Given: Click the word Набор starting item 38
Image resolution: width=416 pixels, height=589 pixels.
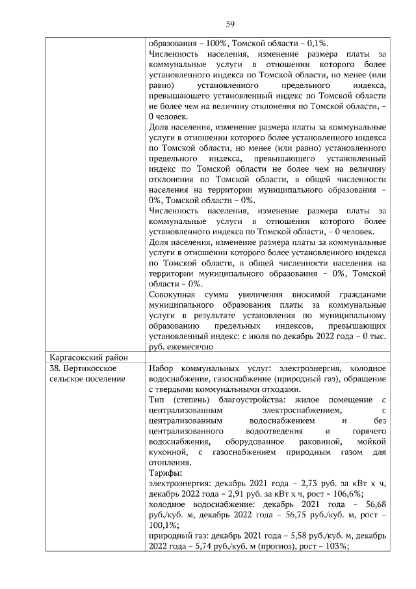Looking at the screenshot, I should coord(162,368).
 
